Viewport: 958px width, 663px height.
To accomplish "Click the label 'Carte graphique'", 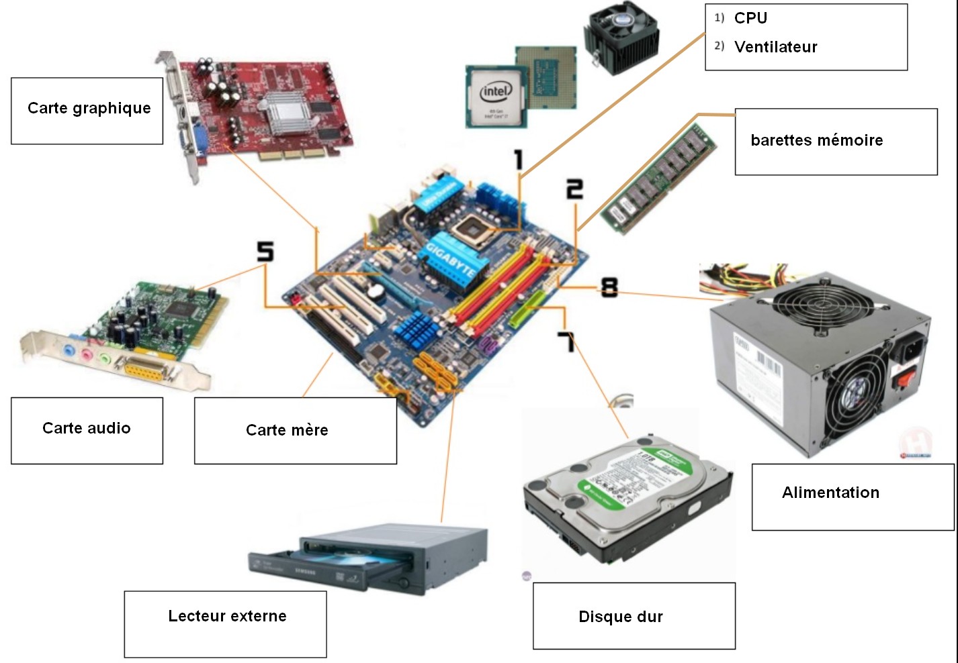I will [x=89, y=109].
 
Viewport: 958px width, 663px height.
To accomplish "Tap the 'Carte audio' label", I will [x=86, y=428].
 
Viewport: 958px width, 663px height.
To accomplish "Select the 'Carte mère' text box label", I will [x=287, y=430].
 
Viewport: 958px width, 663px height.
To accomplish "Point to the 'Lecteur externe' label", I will [x=227, y=616].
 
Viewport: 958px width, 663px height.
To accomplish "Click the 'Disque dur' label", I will [x=621, y=617].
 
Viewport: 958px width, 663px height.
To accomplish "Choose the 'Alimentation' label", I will [x=830, y=493].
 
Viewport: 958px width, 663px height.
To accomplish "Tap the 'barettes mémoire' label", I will [x=816, y=140].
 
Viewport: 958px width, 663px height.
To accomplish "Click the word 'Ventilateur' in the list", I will [x=775, y=47].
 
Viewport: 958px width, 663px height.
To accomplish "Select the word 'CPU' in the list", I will [x=750, y=18].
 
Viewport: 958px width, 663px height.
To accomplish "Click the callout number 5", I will [x=265, y=252].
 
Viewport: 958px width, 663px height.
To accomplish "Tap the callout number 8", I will [x=609, y=287].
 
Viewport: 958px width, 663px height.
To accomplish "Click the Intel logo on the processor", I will [x=496, y=91].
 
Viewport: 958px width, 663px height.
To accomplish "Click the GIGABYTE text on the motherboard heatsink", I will [x=451, y=259].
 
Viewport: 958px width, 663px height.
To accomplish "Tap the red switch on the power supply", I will [x=904, y=379].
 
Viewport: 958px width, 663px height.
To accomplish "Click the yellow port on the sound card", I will [x=145, y=368].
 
